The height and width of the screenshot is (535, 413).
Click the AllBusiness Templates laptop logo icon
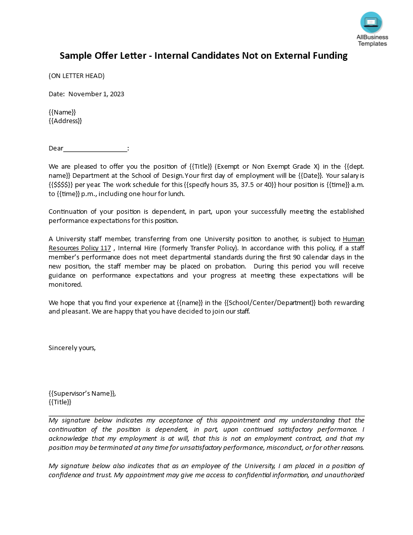click(x=371, y=22)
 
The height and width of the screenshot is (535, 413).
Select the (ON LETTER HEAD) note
click(x=76, y=76)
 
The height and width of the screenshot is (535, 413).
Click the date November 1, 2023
click(x=96, y=94)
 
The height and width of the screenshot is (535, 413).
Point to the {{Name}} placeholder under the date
click(x=62, y=112)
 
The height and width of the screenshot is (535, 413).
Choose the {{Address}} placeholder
click(x=65, y=121)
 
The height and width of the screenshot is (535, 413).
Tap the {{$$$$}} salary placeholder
click(x=61, y=184)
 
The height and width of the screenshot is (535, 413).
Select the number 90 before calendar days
click(x=302, y=257)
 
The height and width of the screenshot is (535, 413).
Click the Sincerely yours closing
click(x=72, y=348)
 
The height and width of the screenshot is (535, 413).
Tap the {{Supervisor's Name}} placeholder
click(x=82, y=393)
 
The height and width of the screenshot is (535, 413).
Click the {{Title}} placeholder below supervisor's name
click(x=60, y=402)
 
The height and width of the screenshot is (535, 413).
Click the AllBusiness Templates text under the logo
click(x=372, y=40)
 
